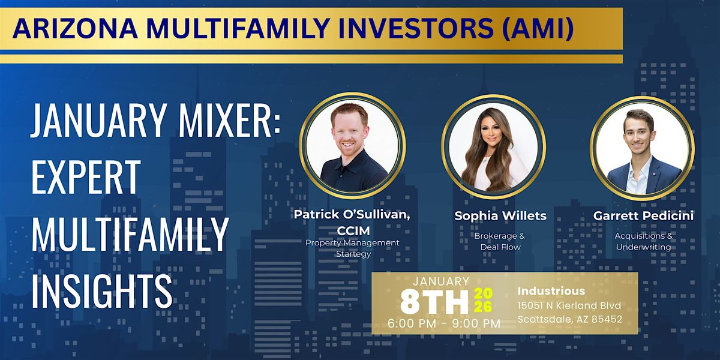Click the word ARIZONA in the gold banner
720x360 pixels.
pos(75,29)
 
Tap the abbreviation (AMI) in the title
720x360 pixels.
pos(538,29)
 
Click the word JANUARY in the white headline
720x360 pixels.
pos(97,121)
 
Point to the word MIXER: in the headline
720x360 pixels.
pos(229,121)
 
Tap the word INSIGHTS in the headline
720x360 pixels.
pos(102,290)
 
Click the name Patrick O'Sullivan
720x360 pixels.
pos(352,214)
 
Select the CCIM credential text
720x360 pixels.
pos(353,231)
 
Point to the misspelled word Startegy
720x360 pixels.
pos(353,254)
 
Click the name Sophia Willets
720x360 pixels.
pos(500,215)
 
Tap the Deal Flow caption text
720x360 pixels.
pos(500,247)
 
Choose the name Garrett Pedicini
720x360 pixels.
pos(643,215)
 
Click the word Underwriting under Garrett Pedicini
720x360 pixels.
pos(643,247)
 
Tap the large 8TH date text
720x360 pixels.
pos(434,302)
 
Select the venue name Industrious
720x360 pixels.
pos(551,291)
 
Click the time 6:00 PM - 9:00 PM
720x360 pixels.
pos(444,323)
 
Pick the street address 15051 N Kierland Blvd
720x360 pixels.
pos(569,305)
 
